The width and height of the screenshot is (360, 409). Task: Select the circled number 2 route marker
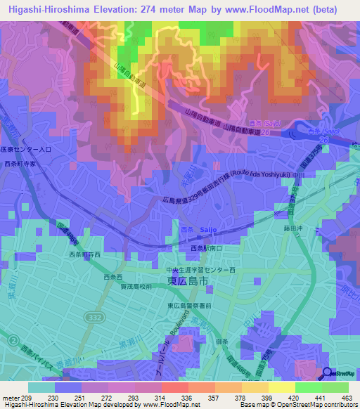(x=13, y=340)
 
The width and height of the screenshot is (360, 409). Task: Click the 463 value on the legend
(x=347, y=397)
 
